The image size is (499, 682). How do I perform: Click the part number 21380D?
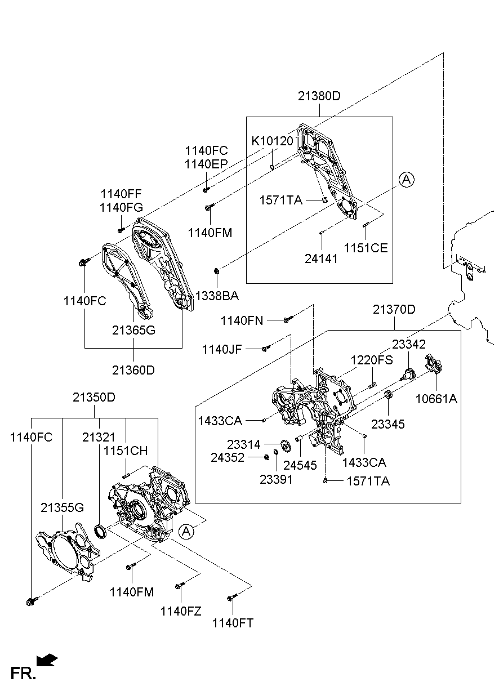pos(319,96)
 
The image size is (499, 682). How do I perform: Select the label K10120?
pos(273,141)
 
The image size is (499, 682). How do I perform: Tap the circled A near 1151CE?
pos(406,180)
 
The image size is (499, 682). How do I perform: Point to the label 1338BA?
pos(217,296)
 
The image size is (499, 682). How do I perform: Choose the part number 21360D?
pos(134,370)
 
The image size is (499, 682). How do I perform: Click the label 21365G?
pos(134,331)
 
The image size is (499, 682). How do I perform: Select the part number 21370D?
pos(394,309)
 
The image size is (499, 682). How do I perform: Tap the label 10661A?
pos(436,399)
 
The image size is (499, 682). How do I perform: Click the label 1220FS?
pos(372,360)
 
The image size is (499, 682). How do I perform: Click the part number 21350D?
pos(94,397)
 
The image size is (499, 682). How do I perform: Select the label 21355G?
pos(62,507)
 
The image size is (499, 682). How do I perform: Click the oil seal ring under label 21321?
pos(100,531)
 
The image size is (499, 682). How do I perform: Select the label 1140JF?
pos(221,350)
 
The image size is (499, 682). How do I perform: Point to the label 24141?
pos(321,258)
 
